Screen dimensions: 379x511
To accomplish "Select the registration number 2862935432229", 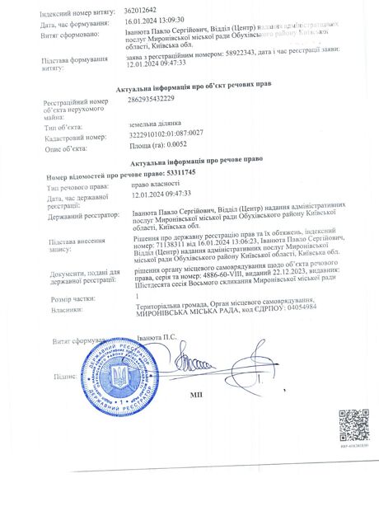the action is coord(152,99).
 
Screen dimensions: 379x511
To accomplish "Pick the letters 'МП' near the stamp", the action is coord(196,395).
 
